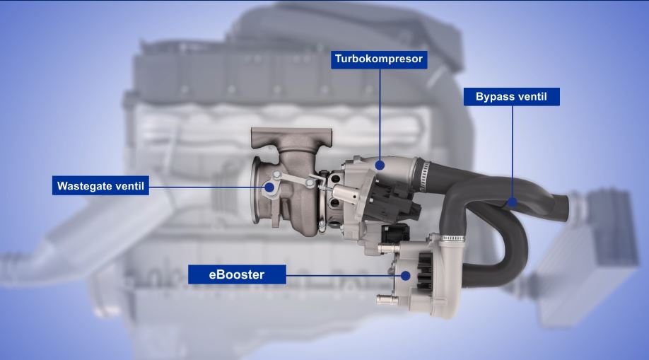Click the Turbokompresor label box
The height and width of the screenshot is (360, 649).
point(379,59)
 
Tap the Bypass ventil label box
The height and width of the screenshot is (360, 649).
point(512,96)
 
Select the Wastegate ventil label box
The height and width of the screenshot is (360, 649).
point(100,185)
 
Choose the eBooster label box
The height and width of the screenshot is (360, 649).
point(237,274)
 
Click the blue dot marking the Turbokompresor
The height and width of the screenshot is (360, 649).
point(380,166)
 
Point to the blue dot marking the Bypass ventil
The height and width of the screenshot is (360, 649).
point(513,202)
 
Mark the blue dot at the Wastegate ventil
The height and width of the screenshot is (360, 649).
point(269,187)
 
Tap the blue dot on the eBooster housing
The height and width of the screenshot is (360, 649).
point(406,276)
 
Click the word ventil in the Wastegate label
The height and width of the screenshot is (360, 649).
point(130,185)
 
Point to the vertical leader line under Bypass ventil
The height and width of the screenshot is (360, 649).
point(513,151)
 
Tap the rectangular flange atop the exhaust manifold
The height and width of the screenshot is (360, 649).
point(291,136)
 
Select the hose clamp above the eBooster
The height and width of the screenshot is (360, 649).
point(452,238)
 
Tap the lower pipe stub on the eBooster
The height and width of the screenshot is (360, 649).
point(387,299)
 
